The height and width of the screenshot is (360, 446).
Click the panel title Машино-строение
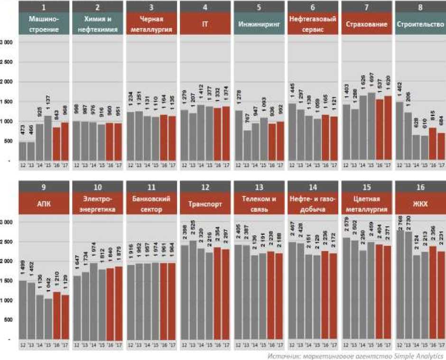pos(44,24)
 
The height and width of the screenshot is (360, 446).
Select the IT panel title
pos(205,24)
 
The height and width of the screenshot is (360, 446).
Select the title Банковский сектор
pos(151,205)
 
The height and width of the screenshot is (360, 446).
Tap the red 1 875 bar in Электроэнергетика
pos(119,303)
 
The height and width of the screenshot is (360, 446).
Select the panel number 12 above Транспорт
pos(205,187)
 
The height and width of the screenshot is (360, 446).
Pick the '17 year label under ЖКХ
pos(441,343)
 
